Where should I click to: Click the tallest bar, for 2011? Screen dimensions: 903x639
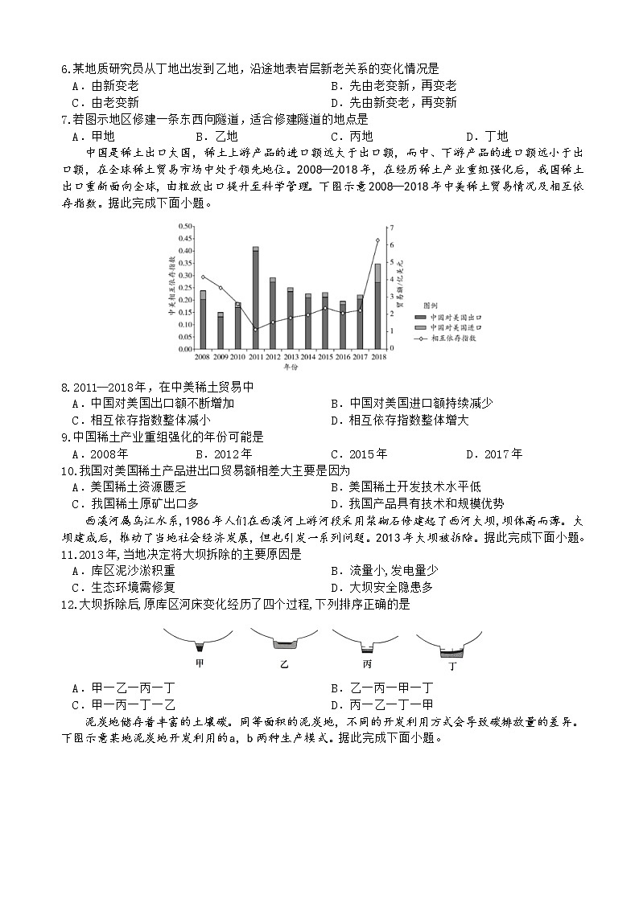tap(255, 298)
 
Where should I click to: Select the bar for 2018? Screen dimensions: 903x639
tap(377, 306)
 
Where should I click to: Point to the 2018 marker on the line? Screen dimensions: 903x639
tap(377, 240)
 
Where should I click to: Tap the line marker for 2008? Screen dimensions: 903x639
tap(203, 277)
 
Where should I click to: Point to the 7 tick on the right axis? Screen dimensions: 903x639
tap(392, 227)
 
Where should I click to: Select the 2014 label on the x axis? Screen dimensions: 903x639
tap(307, 356)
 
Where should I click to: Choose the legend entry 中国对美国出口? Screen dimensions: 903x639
tap(454, 317)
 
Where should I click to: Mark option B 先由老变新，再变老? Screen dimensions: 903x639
tap(394, 86)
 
